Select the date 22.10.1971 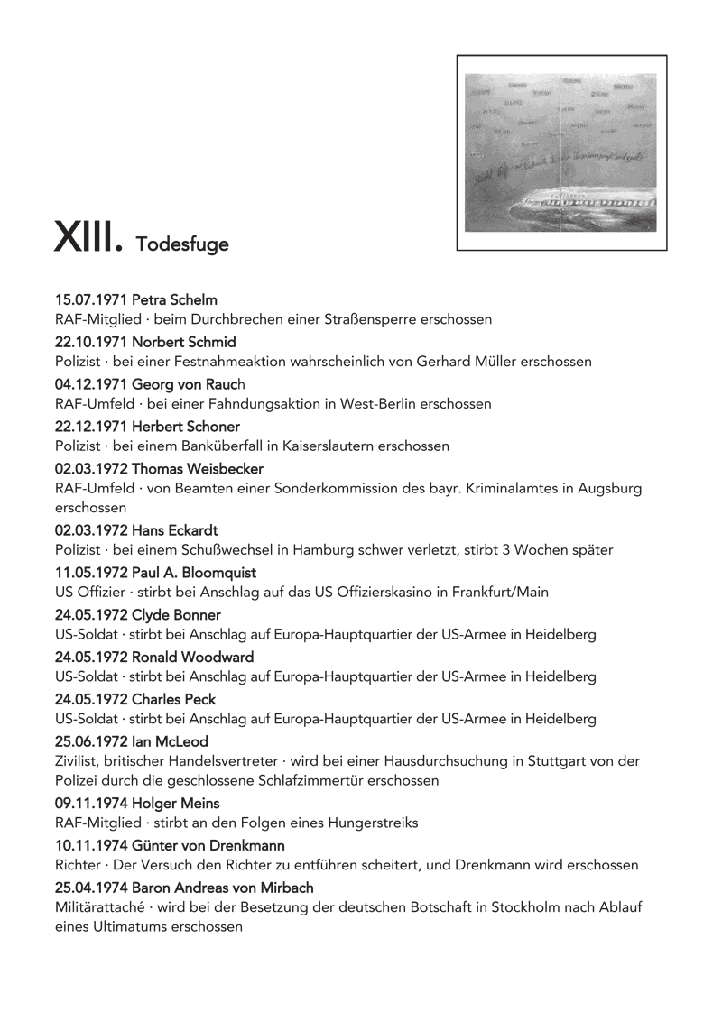click(x=91, y=342)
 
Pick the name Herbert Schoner click(x=186, y=426)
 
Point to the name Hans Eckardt click(x=174, y=529)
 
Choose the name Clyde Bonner click(x=176, y=614)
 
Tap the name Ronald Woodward click(x=192, y=657)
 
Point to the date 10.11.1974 click(x=91, y=845)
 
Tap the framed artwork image click(x=561, y=152)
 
